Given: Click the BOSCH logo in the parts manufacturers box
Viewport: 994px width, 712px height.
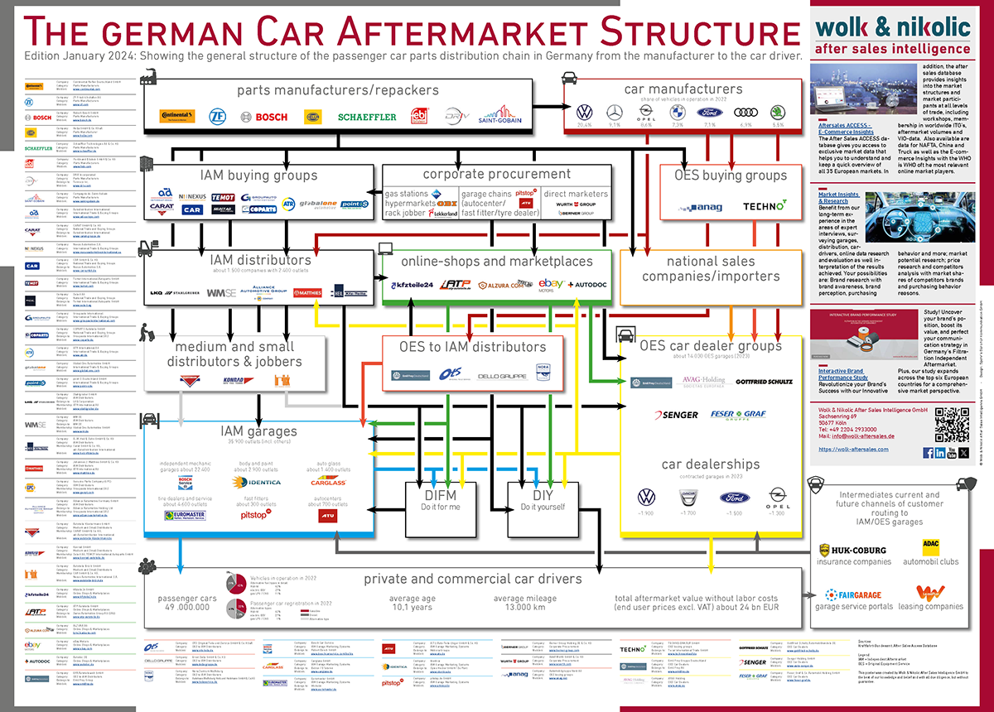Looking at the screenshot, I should click(x=271, y=117).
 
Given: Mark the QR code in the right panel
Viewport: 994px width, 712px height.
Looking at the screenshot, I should click(x=951, y=425).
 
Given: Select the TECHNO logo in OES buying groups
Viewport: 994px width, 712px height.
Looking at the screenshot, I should click(x=764, y=205).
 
